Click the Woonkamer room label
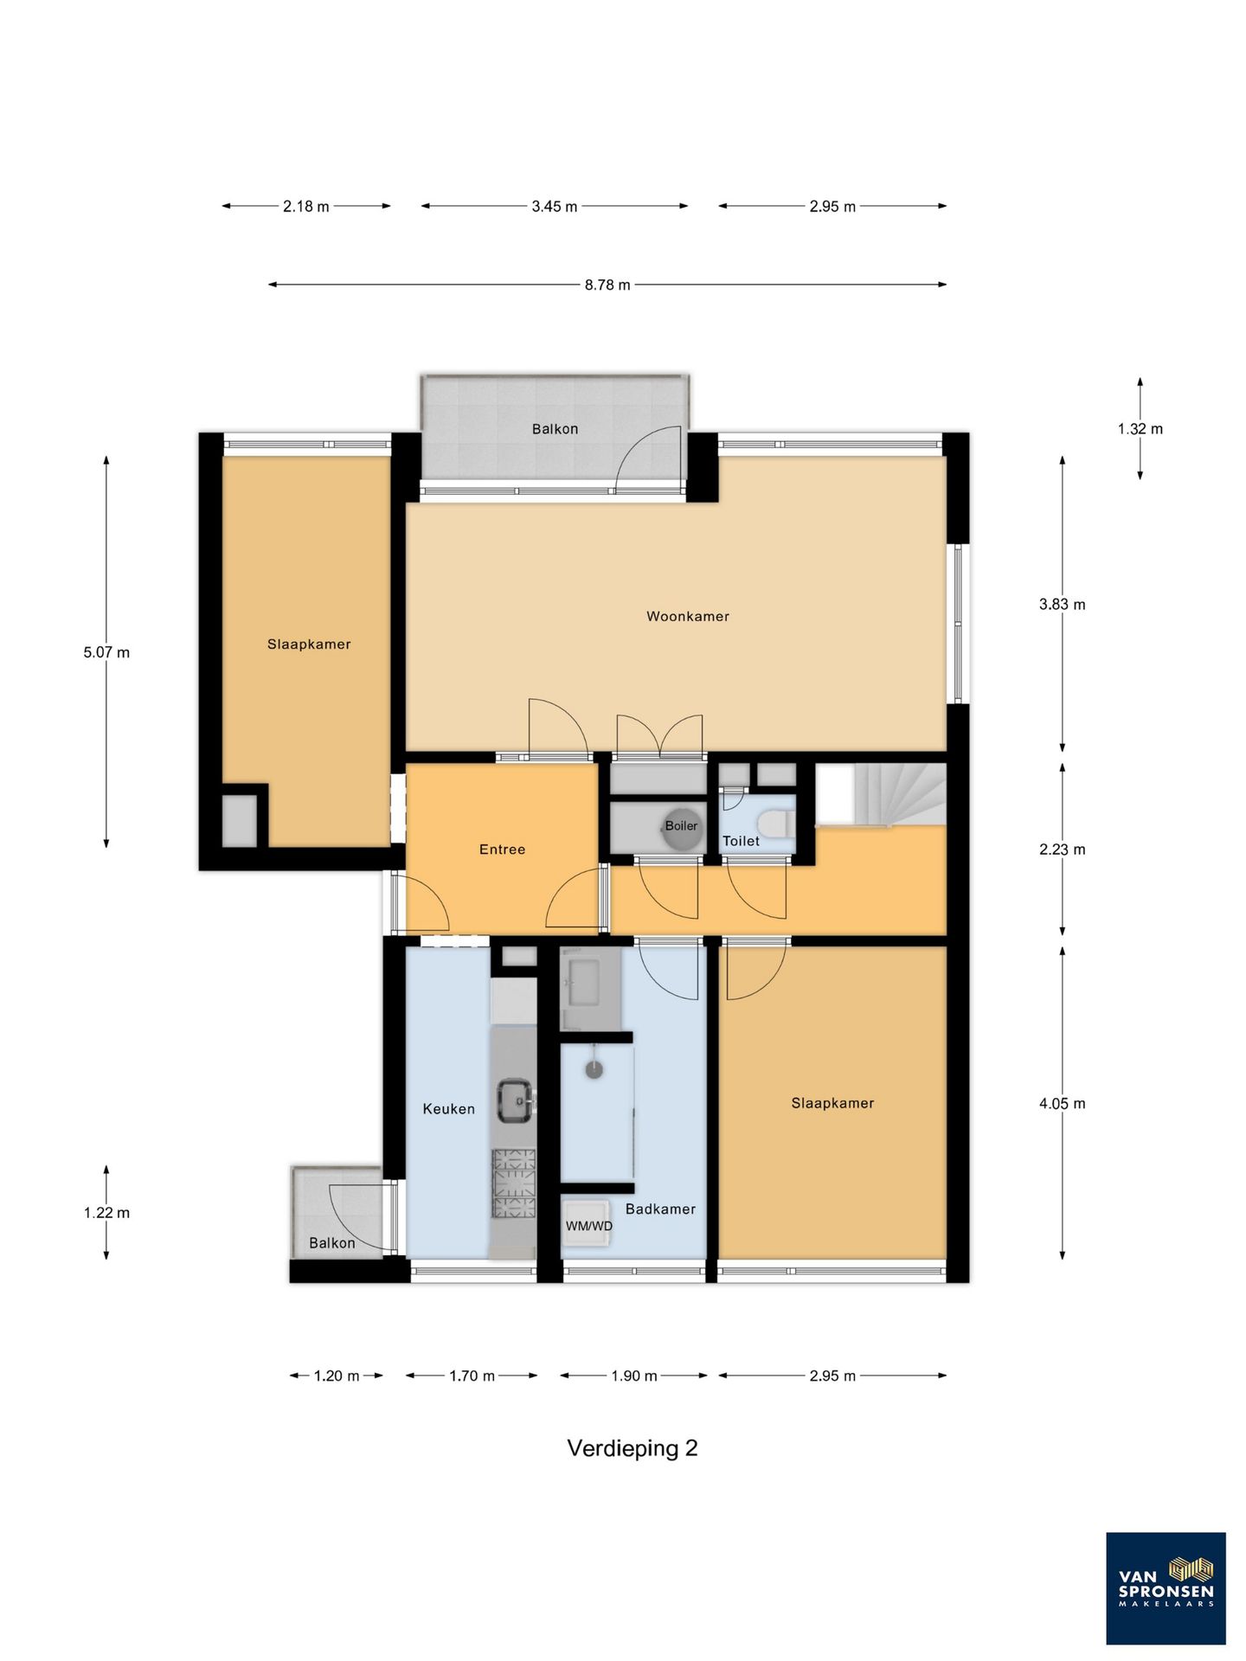[x=688, y=617]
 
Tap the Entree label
[x=502, y=850]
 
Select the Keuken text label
[x=448, y=1109]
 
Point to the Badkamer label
[x=660, y=1209]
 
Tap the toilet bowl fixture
[x=775, y=823]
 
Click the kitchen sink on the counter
[x=516, y=1100]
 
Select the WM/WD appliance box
[x=588, y=1222]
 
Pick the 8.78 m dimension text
[x=607, y=285]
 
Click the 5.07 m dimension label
[x=106, y=652]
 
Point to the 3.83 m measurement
[x=1062, y=605]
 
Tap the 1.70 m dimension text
[x=472, y=1376]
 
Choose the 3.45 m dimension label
[x=555, y=207]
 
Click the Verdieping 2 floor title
[x=632, y=1448]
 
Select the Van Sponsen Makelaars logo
[x=1166, y=1588]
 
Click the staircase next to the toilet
[x=881, y=794]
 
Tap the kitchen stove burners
[x=514, y=1183]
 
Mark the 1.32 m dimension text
[x=1140, y=429]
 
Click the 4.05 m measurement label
[x=1062, y=1104]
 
